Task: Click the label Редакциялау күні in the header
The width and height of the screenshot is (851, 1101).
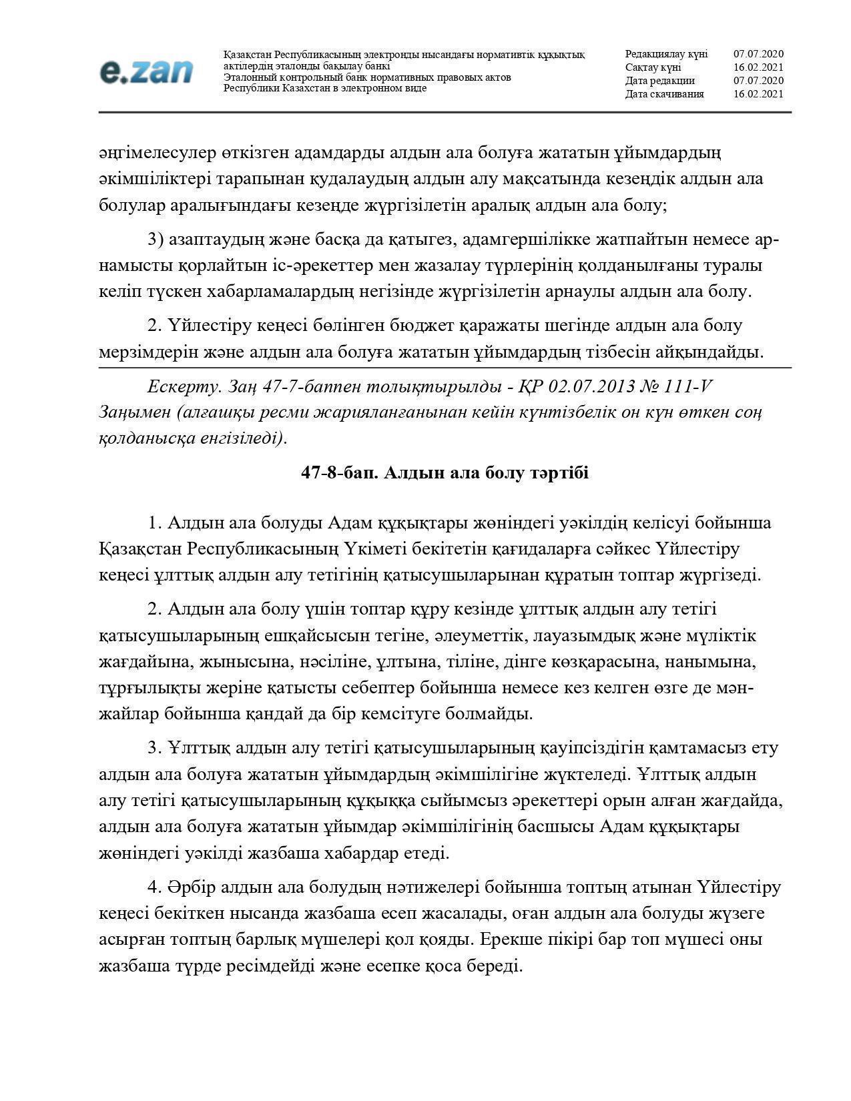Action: tap(666, 54)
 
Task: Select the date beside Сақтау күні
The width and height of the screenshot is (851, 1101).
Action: tap(758, 67)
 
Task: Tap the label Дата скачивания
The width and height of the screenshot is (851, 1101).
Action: tap(664, 94)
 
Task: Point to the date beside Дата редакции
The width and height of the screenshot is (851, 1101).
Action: tap(758, 81)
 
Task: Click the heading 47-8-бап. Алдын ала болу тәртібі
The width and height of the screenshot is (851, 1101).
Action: tap(445, 473)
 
